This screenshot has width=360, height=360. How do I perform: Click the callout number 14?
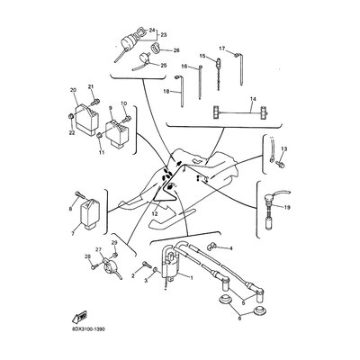pos(253,98)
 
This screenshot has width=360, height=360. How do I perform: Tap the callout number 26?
pos(175,50)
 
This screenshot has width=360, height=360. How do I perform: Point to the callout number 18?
pos(166,91)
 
